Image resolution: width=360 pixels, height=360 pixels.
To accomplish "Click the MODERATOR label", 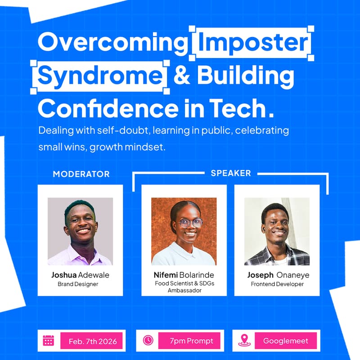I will [81, 174].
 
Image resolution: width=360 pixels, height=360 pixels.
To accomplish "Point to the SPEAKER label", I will [231, 173].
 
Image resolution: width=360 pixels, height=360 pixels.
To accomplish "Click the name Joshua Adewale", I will [81, 275].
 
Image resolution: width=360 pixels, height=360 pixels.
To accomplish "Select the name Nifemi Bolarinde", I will [184, 275].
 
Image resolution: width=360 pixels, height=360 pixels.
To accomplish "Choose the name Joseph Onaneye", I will [278, 275].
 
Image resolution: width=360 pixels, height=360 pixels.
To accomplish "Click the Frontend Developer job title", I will [277, 284].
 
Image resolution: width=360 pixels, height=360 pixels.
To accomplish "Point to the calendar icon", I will [48, 341].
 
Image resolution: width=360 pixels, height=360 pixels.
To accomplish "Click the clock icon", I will [148, 341].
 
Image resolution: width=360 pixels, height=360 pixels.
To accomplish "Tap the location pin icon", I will [244, 341].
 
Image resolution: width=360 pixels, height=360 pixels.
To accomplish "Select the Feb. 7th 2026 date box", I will [93, 341].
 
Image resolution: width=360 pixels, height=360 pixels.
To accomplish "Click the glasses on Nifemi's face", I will [190, 223].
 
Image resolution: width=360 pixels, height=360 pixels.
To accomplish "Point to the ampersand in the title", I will [181, 76].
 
